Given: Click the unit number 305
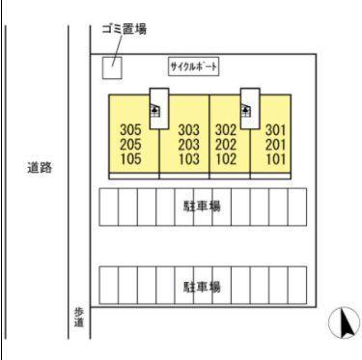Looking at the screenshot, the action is (130, 130).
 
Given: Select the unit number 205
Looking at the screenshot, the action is (130, 145).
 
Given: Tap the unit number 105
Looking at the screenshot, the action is (130, 158).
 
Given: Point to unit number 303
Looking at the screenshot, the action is (189, 130).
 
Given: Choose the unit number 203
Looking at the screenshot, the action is (189, 145).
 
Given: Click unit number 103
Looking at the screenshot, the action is (189, 158).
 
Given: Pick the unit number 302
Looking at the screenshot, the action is (226, 130).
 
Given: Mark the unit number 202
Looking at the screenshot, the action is (226, 145).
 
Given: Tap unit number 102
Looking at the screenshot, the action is (226, 158).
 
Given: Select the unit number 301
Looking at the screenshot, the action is (276, 130).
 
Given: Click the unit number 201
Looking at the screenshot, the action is (276, 145).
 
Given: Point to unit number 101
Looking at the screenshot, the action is (276, 158).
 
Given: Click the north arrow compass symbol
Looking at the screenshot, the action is (344, 322).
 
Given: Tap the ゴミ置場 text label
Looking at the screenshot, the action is (125, 29).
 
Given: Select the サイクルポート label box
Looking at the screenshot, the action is (194, 67).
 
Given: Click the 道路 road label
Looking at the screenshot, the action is (40, 168).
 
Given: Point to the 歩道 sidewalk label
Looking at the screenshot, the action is (79, 317).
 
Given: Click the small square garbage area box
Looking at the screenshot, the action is (112, 68).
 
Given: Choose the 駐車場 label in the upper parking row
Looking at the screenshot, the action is (202, 207).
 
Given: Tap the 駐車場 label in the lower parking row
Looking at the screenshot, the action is (202, 287).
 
